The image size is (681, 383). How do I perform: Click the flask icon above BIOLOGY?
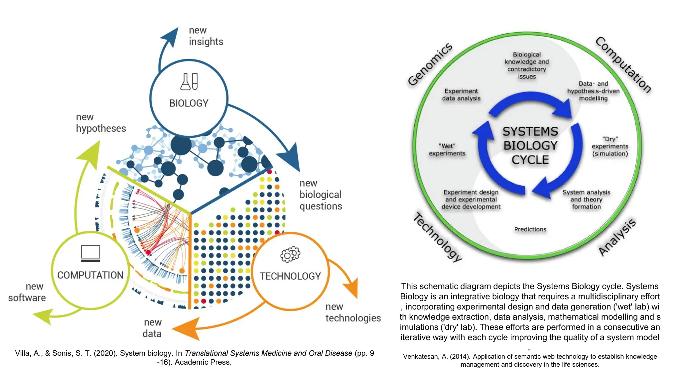(x=189, y=82)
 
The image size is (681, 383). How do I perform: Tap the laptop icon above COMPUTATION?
(x=90, y=254)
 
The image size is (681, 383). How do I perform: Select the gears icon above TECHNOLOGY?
(x=290, y=254)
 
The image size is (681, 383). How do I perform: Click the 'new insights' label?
(x=206, y=36)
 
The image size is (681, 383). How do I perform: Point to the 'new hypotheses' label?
(x=101, y=123)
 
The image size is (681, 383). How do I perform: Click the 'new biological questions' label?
(x=321, y=194)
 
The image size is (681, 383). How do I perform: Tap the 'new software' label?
(x=27, y=292)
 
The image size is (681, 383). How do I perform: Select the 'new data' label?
(x=152, y=328)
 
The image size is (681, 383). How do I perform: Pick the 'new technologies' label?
(x=353, y=312)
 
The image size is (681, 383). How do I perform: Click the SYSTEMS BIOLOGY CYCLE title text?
(x=530, y=146)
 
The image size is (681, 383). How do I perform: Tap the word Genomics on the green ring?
(x=430, y=64)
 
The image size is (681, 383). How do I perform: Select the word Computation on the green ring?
(x=623, y=64)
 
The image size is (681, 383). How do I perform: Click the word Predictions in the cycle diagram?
(x=530, y=229)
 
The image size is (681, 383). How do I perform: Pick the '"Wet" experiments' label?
(x=447, y=150)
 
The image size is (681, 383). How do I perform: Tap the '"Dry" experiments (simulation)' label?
(x=610, y=146)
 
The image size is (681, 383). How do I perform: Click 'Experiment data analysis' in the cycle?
(x=461, y=95)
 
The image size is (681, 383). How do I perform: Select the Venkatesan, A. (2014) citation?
(x=530, y=360)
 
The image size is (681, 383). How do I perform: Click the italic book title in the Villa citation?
(x=268, y=353)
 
